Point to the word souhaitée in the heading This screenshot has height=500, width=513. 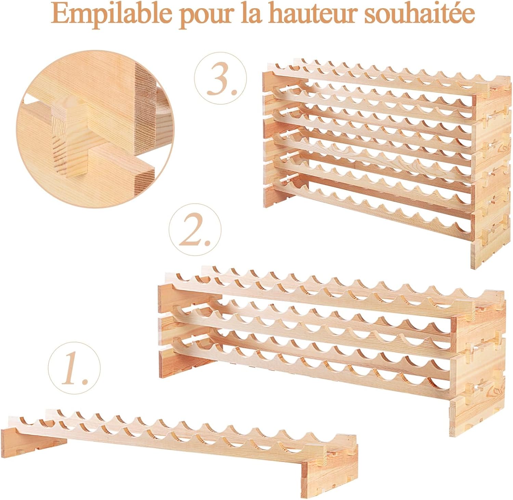point(419,14)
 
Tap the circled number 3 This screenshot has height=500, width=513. point(221,78)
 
